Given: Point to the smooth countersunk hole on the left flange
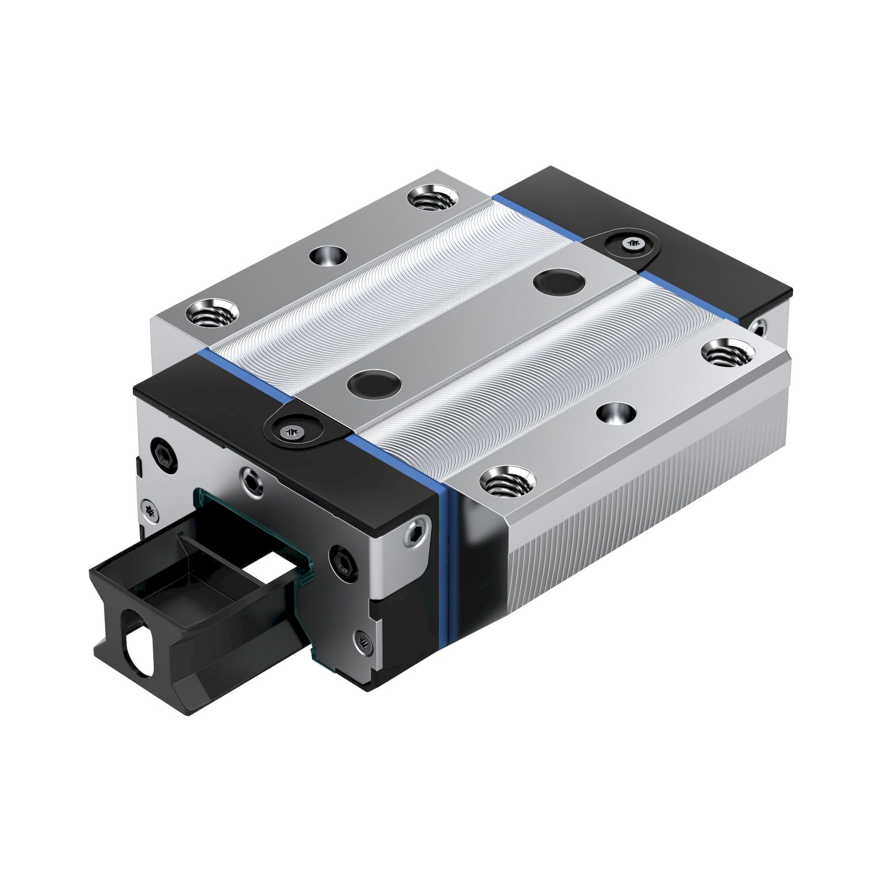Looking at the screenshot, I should pos(327,256).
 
